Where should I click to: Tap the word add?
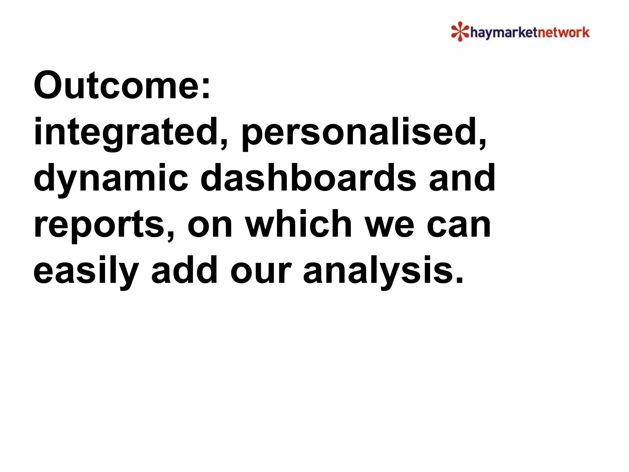click(x=184, y=270)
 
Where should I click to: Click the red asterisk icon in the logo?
click(x=460, y=31)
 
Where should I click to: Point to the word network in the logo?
click(x=563, y=32)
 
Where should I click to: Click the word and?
click(x=462, y=178)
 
